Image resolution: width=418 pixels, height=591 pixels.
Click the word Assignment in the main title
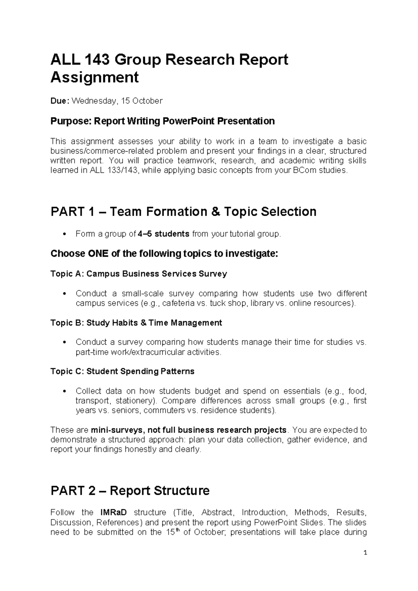coord(94,77)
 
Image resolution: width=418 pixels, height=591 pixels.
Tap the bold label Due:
coord(60,101)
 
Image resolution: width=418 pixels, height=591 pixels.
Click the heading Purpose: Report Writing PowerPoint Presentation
coord(162,121)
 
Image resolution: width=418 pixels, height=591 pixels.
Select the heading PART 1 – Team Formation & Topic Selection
coord(183,212)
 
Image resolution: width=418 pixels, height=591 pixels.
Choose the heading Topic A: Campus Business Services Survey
coord(139,274)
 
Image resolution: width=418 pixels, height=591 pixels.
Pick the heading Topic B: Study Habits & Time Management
coord(136,323)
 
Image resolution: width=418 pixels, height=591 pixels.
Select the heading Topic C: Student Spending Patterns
coord(122,371)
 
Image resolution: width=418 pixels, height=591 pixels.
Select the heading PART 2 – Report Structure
coord(130,491)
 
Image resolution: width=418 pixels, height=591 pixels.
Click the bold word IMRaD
coord(113,513)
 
